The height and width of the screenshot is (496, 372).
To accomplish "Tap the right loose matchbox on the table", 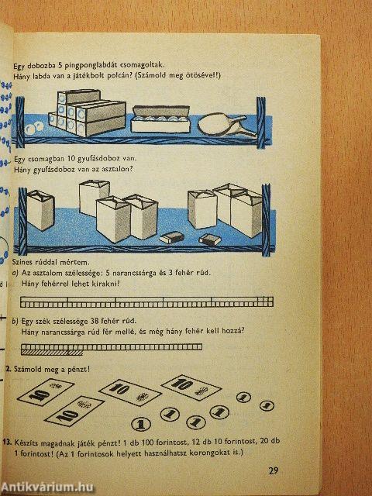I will click(208, 238).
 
